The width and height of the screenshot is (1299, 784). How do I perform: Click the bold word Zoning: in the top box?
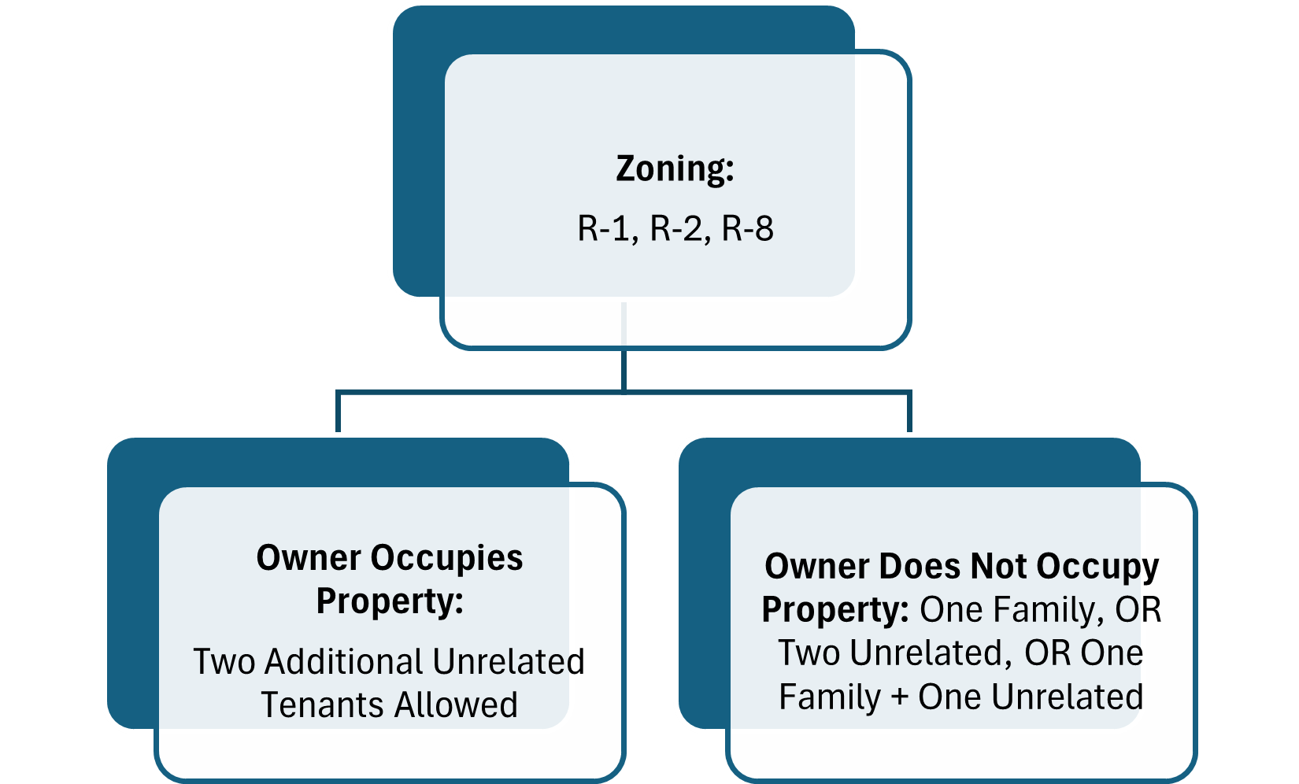[x=675, y=168]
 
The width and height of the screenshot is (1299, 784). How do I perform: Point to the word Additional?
[x=346, y=662]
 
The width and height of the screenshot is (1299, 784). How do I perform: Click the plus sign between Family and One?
[x=899, y=697]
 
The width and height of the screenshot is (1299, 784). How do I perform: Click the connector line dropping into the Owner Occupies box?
[x=338, y=412]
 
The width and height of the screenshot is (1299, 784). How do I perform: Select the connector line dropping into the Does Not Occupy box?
[x=910, y=412]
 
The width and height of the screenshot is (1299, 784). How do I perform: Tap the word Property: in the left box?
[x=390, y=601]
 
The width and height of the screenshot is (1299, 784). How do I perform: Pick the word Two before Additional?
[x=224, y=662]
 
